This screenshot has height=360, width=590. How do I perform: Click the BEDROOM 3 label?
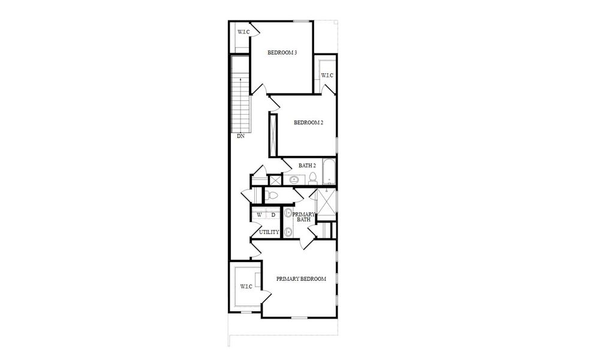(x=282, y=53)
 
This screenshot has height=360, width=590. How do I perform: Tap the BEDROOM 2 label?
(x=308, y=123)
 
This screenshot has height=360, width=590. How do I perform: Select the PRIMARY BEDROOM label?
(x=301, y=279)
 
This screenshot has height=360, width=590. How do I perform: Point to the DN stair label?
(x=240, y=136)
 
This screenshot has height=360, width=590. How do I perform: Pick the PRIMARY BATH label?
(x=304, y=217)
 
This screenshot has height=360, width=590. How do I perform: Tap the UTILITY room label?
(x=269, y=232)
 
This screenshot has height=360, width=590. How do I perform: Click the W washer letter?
(x=260, y=215)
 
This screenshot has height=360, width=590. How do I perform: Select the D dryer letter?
(x=273, y=215)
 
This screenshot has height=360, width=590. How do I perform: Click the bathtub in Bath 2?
(x=329, y=173)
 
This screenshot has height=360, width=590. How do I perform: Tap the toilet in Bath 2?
(x=313, y=178)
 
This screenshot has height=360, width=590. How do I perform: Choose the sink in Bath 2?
(x=294, y=179)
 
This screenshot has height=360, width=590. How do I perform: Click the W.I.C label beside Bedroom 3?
(x=243, y=32)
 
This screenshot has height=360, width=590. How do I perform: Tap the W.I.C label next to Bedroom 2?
(x=326, y=75)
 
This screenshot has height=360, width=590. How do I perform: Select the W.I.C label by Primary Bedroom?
(x=246, y=287)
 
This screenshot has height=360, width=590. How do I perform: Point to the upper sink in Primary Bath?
(x=288, y=212)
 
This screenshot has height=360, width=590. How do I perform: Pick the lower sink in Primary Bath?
(x=288, y=232)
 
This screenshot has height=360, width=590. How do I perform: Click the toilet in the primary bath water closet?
(x=271, y=195)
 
